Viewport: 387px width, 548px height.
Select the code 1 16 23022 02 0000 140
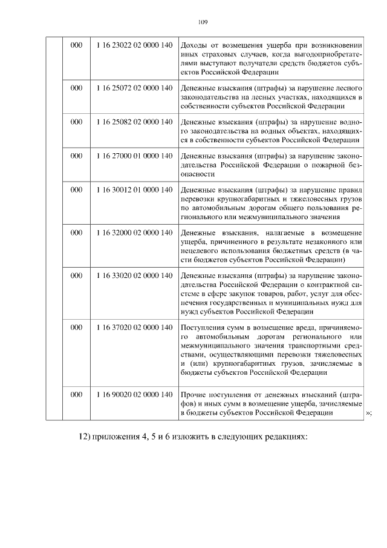pyautogui.click(x=134, y=47)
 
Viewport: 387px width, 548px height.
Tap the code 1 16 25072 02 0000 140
pyautogui.click(x=134, y=88)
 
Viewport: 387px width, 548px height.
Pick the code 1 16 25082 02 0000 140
pyautogui.click(x=134, y=122)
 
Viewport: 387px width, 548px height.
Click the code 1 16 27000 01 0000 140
pyautogui.click(x=134, y=156)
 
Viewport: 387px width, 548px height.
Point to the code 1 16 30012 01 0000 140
pyautogui.click(x=134, y=190)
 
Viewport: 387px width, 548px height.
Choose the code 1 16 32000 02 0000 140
pyautogui.click(x=134, y=233)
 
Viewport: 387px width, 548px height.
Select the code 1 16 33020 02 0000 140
pyautogui.click(x=134, y=276)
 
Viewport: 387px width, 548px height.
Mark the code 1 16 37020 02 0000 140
pyautogui.click(x=134, y=327)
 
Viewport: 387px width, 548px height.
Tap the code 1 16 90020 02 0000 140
pyautogui.click(x=134, y=395)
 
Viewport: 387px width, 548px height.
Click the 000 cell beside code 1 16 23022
pyautogui.click(x=76, y=47)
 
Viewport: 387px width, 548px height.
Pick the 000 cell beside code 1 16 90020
pyautogui.click(x=76, y=395)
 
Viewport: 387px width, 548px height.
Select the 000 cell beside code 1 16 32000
pyautogui.click(x=76, y=233)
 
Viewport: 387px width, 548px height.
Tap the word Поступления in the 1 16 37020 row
pyautogui.click(x=203, y=327)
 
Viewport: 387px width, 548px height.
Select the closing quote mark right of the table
pyautogui.click(x=369, y=413)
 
